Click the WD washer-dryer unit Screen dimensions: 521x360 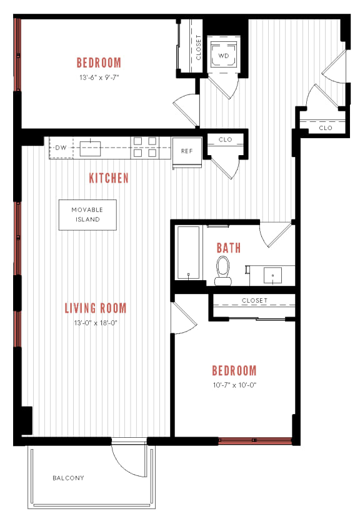point(223,55)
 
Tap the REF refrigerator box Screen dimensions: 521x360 point(187,151)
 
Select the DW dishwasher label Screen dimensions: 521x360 point(61,148)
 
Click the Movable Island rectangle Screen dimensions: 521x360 point(87,215)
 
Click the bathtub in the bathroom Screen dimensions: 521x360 point(188,252)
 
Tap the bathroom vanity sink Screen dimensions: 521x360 point(272,275)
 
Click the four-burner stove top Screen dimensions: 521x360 point(144,147)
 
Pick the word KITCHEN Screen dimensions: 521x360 point(109,178)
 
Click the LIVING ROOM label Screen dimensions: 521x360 point(96,308)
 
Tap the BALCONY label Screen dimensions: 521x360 point(68,478)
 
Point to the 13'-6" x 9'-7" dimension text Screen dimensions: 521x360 point(98,78)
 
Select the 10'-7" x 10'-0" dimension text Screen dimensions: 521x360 point(234,385)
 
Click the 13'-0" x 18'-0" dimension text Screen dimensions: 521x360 point(96,323)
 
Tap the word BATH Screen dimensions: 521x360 point(229,248)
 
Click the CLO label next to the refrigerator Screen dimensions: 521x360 point(225,139)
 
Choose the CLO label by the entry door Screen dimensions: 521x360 point(325,128)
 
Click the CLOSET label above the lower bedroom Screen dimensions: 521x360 point(254,301)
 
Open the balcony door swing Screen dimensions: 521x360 point(128,460)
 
